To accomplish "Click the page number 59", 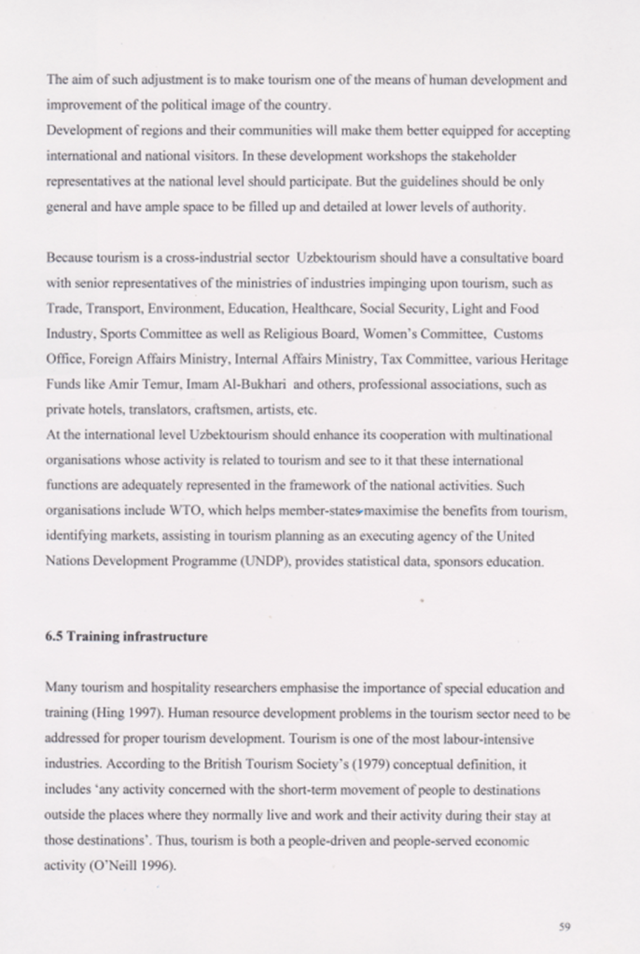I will pyautogui.click(x=563, y=926).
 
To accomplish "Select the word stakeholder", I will pyautogui.click(x=478, y=157).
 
